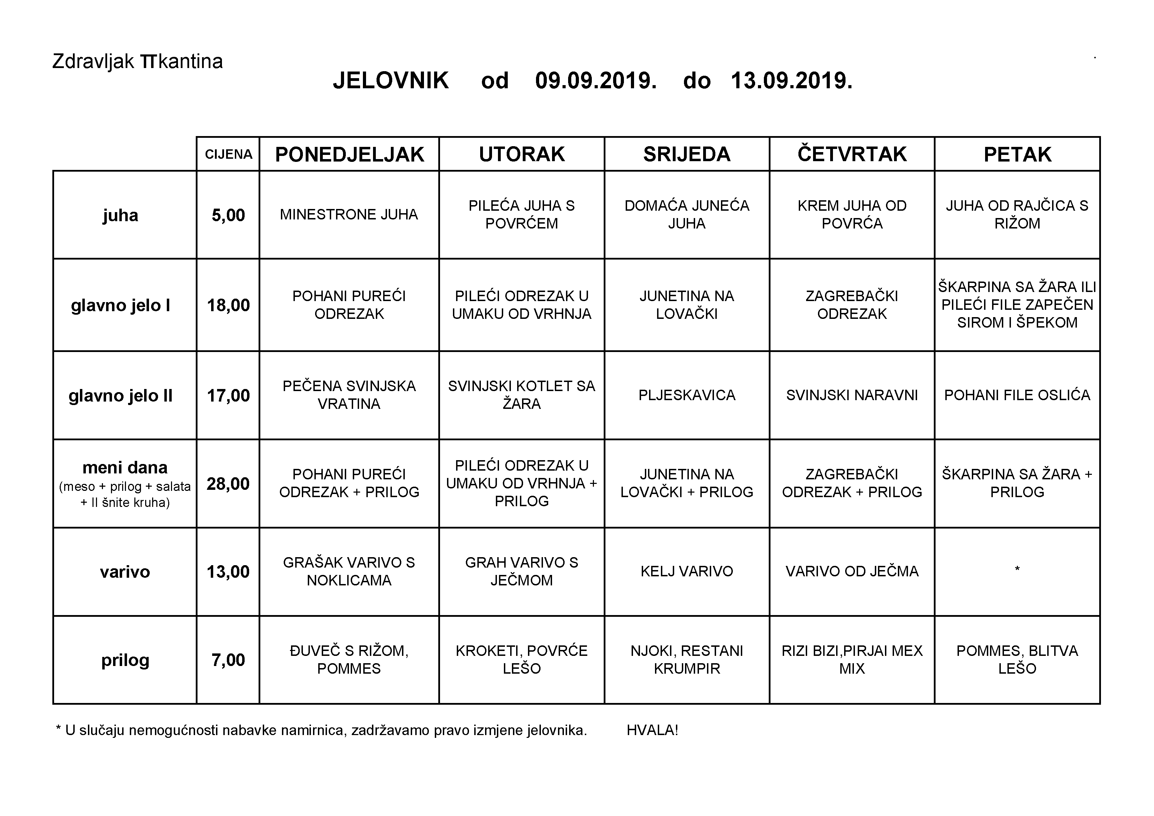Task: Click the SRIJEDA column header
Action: pos(686,154)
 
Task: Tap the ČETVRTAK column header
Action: pos(852,154)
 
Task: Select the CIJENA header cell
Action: pos(228,154)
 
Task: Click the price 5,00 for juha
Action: pos(228,215)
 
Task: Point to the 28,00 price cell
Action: pos(228,484)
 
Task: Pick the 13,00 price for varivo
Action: pos(228,572)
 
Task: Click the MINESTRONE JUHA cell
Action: pos(349,215)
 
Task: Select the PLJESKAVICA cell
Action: pos(686,395)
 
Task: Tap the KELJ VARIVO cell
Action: pos(686,571)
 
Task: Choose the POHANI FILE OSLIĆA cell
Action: pos(1017,395)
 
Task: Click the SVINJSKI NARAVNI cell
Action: pos(852,395)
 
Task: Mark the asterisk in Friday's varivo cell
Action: pos(1017,569)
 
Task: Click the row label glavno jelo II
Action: pos(121,396)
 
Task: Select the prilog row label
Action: pos(125,660)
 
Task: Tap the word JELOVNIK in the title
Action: pos(390,80)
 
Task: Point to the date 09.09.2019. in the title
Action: pos(596,80)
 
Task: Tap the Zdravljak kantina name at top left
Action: pos(137,61)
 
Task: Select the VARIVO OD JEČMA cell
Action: pos(852,571)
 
